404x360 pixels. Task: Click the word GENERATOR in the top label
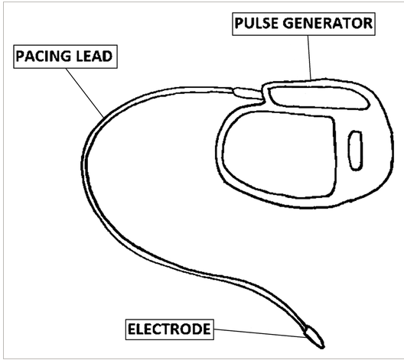[327, 23]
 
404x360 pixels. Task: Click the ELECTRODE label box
[170, 329]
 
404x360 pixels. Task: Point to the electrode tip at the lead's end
[314, 337]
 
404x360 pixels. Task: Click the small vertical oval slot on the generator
[356, 151]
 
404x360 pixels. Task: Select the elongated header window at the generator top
[319, 99]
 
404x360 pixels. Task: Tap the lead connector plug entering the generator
[247, 93]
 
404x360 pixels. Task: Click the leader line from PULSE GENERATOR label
[309, 57]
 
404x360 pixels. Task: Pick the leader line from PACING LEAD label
[85, 93]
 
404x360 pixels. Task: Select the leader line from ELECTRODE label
[259, 333]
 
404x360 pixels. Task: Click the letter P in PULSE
[239, 23]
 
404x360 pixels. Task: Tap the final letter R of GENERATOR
[368, 23]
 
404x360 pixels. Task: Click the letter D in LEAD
[108, 56]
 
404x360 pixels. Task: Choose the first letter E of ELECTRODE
[132, 329]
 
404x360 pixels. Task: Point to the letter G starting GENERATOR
[288, 23]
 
